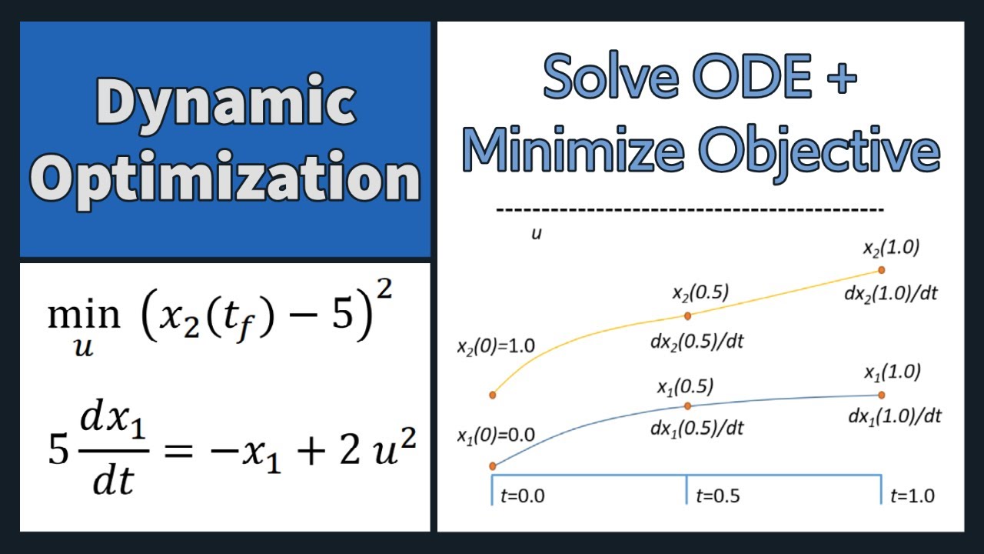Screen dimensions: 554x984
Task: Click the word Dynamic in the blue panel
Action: click(225, 104)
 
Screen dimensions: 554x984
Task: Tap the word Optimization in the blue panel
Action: click(225, 179)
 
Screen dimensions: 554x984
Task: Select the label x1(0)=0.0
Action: click(496, 435)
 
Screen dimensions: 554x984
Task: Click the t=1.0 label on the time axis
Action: click(913, 496)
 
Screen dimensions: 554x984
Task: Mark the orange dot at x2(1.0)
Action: click(882, 270)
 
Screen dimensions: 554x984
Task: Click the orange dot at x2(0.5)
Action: click(687, 315)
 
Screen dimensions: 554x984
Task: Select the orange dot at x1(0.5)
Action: click(687, 405)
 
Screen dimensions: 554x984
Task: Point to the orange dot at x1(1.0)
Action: click(882, 395)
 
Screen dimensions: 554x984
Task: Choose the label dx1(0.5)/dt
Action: click(697, 428)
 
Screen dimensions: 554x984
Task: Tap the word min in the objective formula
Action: click(84, 315)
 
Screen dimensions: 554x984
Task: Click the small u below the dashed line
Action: click(537, 232)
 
